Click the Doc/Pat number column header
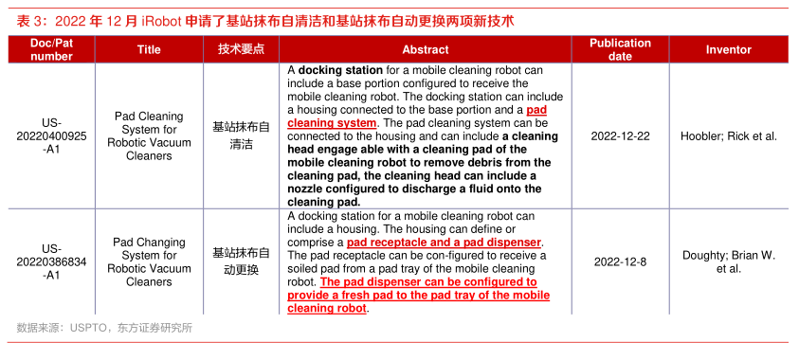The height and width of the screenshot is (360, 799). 51,49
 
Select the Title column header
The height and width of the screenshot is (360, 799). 149,49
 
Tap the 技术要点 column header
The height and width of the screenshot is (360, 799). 241,49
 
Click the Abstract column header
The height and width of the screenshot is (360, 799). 426,49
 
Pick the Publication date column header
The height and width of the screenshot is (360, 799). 620,49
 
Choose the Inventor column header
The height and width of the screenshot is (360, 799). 729,49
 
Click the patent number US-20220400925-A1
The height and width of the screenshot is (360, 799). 51,136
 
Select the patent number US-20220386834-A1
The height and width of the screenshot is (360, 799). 51,262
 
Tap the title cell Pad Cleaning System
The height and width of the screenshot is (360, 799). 149,136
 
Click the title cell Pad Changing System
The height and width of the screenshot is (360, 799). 149,261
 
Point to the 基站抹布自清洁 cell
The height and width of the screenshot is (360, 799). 241,136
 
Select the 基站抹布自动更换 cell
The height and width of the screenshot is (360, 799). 241,261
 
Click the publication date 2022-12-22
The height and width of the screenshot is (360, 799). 620,136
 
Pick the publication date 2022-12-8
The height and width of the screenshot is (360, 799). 620,262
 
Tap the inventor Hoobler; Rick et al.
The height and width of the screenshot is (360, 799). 729,136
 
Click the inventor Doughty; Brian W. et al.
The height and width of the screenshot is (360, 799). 729,261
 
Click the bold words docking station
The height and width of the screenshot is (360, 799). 340,70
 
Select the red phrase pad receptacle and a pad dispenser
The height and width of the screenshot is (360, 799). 444,242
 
